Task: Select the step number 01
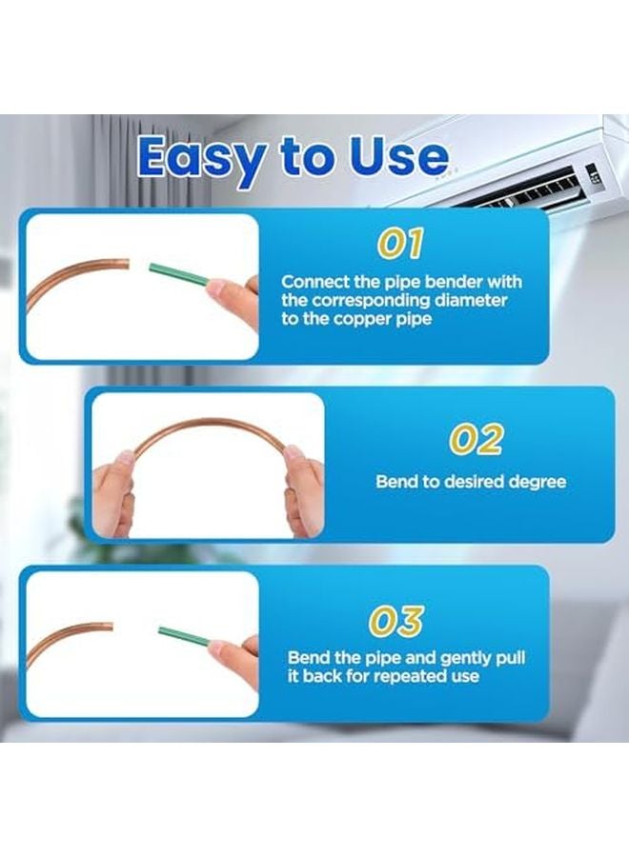[400, 244]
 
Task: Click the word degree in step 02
[531, 482]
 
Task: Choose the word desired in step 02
[469, 482]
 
